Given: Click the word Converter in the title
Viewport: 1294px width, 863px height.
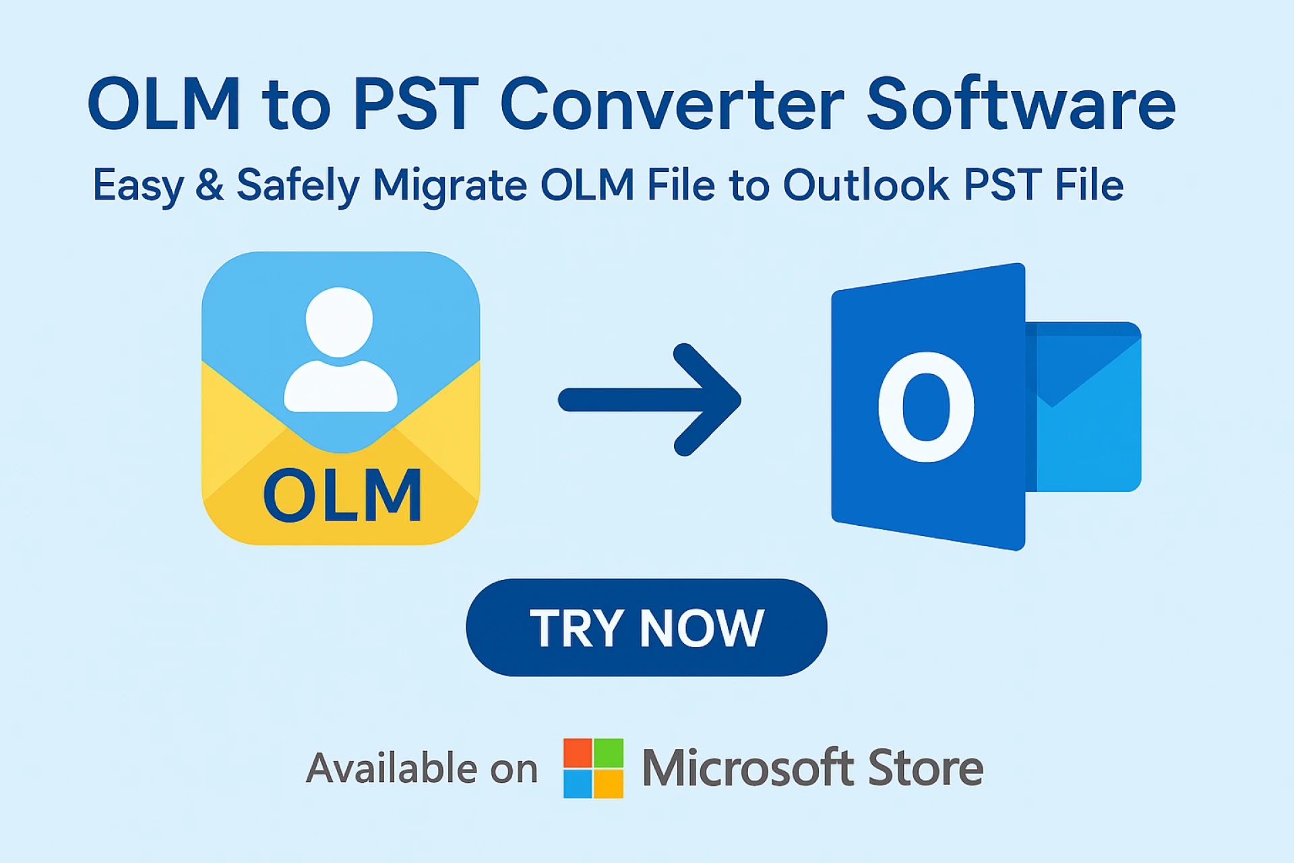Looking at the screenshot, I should (x=672, y=105).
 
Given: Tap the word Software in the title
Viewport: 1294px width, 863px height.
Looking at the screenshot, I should (x=1020, y=105).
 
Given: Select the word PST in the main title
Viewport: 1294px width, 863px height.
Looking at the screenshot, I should (x=415, y=105).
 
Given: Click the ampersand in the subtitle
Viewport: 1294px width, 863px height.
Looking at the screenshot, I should (x=210, y=184).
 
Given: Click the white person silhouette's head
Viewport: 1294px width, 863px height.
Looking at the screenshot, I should (x=339, y=322).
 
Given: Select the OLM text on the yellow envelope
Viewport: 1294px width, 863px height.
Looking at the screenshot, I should (x=342, y=496).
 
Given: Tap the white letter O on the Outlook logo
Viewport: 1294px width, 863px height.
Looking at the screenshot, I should (x=926, y=407).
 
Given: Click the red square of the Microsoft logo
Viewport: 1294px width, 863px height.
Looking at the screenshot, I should (x=578, y=753).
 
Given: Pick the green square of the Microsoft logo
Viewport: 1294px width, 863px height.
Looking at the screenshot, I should (x=609, y=753).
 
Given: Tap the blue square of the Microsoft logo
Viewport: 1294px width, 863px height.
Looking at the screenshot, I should (x=578, y=784).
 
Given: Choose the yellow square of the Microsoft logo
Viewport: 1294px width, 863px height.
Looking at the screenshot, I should (x=609, y=784).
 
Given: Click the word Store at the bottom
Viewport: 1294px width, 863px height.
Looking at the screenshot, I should (x=925, y=768).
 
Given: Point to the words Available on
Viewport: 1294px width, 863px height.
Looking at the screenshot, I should (x=422, y=769).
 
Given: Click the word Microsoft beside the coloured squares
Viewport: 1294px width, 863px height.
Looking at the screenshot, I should (x=748, y=768).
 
